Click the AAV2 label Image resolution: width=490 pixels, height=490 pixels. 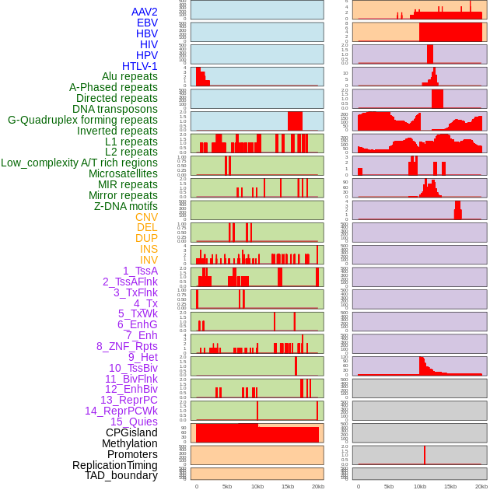(144, 12)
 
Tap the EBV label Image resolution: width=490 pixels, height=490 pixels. (147, 23)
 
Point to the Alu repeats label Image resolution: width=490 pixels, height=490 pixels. (129, 77)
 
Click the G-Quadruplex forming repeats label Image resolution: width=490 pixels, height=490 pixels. (82, 121)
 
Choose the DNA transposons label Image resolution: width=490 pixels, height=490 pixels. (115, 110)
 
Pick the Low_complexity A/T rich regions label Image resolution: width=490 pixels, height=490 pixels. (79, 163)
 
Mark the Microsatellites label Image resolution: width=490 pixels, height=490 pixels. (123, 173)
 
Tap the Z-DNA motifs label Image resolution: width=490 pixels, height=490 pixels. (126, 206)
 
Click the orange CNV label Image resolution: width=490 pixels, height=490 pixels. (146, 217)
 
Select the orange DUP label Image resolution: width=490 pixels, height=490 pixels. (146, 238)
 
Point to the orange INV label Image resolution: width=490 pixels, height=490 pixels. (149, 260)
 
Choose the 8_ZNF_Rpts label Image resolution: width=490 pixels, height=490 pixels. (127, 346)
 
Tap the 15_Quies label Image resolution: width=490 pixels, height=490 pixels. (133, 422)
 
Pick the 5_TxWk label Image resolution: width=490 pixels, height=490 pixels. (138, 313)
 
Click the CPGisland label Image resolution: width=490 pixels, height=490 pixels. (131, 432)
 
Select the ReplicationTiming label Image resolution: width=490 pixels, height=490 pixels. (115, 465)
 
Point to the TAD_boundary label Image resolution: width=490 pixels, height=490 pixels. (121, 475)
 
